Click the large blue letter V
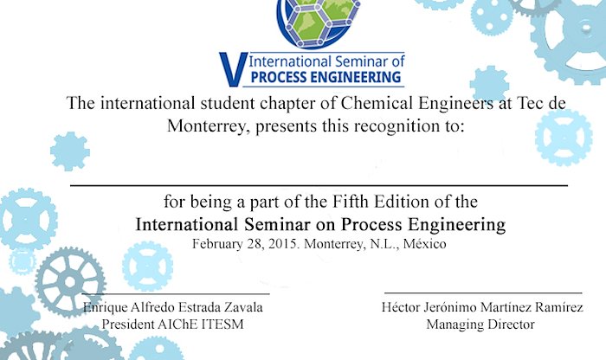point(234,69)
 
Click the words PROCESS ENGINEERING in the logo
point(326,77)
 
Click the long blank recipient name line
point(319,186)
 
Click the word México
point(425,244)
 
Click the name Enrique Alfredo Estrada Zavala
point(173,307)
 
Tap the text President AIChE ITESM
point(173,324)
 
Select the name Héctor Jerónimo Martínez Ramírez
point(482,307)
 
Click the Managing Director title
point(480,325)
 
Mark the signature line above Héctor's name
point(483,293)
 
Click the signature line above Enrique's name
point(176,294)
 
